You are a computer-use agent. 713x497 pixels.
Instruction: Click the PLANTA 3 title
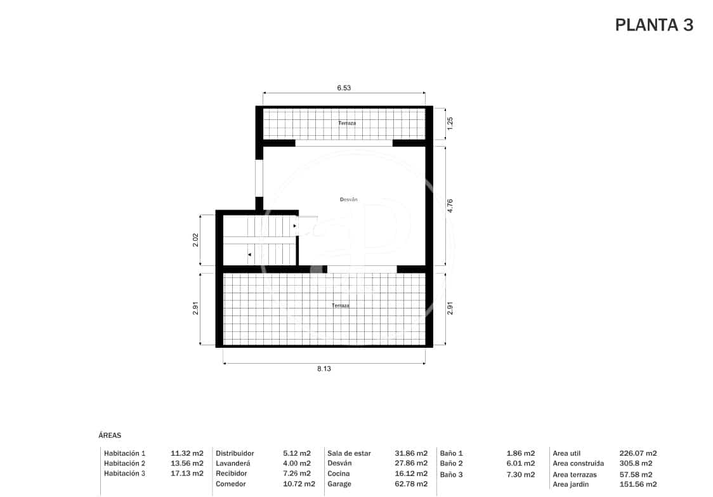click(654, 25)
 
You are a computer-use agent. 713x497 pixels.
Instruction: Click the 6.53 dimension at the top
click(344, 88)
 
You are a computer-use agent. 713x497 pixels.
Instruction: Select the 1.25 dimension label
click(450, 123)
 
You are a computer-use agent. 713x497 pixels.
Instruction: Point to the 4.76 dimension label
click(450, 206)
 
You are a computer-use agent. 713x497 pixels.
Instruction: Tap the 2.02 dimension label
click(195, 240)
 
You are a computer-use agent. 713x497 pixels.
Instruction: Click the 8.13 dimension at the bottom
click(324, 369)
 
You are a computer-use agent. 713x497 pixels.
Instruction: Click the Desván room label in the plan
click(349, 199)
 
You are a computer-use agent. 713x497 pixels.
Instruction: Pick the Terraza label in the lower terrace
click(340, 305)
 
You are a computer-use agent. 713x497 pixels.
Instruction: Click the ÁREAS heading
click(110, 435)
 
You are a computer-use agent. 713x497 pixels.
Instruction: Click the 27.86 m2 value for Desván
click(411, 463)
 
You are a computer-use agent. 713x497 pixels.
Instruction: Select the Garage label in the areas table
click(339, 484)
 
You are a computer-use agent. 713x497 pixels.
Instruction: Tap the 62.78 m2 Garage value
click(411, 484)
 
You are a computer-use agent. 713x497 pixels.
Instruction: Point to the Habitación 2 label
click(125, 463)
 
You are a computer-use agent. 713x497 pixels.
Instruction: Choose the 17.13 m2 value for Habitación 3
click(187, 474)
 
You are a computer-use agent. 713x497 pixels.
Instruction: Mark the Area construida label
click(578, 463)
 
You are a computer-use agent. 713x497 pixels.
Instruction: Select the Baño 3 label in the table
click(451, 474)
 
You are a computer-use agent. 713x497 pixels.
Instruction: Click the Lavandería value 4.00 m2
click(297, 463)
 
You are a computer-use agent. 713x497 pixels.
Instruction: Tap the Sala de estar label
click(349, 453)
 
